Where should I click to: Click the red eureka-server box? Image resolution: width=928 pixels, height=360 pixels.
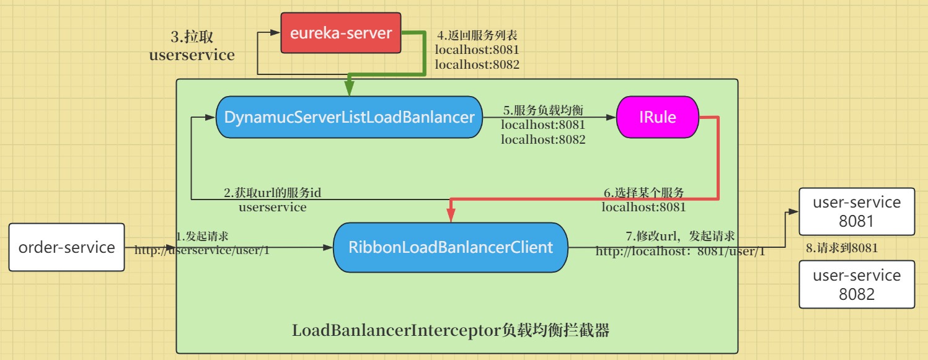click(x=341, y=33)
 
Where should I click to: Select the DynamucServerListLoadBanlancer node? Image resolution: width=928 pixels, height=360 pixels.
click(x=349, y=117)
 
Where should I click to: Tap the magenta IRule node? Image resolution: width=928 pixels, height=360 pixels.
click(x=657, y=117)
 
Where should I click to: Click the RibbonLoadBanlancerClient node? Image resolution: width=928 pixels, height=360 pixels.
click(x=450, y=247)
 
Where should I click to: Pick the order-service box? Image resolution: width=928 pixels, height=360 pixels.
click(x=66, y=247)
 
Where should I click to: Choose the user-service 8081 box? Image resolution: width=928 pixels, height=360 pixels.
click(x=856, y=211)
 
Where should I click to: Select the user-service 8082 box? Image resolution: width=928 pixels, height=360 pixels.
click(x=856, y=284)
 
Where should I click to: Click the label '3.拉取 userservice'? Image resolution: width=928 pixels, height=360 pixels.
click(x=192, y=46)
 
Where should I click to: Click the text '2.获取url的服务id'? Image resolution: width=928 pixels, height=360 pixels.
click(x=272, y=193)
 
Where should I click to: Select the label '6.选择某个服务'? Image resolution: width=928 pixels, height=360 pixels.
click(x=643, y=192)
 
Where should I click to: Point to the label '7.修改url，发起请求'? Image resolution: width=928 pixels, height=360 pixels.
click(x=680, y=236)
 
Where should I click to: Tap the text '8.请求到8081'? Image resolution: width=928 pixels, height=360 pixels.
click(x=841, y=248)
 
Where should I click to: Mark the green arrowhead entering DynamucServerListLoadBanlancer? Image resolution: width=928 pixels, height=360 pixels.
click(x=349, y=90)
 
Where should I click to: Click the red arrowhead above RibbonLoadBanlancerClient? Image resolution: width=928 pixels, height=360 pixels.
click(x=450, y=216)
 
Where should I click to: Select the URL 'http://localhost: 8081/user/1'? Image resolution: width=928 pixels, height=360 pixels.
click(x=680, y=252)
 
